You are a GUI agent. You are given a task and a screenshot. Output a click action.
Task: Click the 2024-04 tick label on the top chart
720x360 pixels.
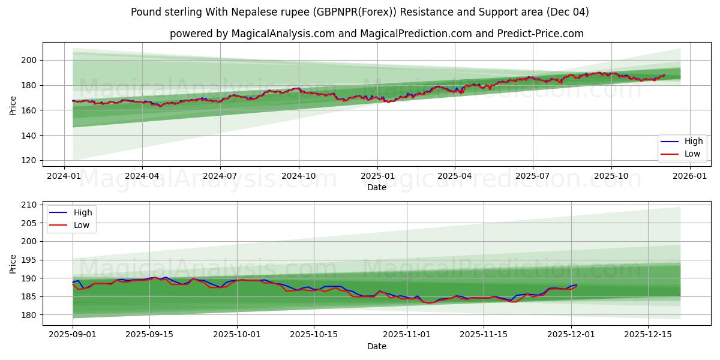pos(142,176)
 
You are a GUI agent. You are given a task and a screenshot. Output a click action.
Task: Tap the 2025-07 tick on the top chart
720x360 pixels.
pos(533,176)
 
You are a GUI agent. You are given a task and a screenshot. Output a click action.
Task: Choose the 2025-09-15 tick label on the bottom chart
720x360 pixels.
pos(149,335)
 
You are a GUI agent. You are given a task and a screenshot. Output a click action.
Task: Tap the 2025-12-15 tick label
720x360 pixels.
pos(647,335)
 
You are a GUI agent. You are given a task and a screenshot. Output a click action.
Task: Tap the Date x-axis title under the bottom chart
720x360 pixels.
pos(376,346)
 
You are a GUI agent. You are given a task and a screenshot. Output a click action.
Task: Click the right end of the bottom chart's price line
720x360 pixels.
pos(577,285)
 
